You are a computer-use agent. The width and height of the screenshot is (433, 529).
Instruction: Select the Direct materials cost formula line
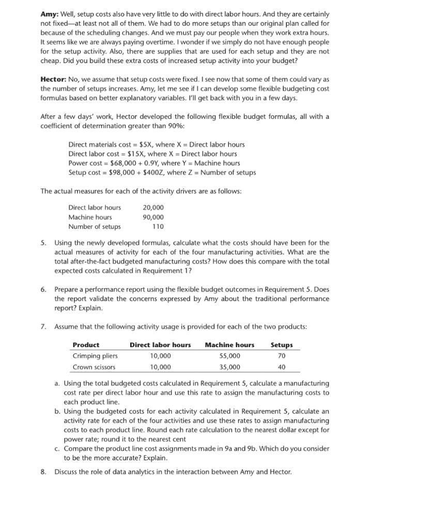point(156,144)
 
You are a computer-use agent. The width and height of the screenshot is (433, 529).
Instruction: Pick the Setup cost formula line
point(162,172)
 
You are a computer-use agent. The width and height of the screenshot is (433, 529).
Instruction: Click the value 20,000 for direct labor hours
point(153,207)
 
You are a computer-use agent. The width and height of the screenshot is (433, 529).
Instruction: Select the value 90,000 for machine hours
point(153,217)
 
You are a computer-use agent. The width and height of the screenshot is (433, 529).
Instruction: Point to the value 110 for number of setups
point(158,226)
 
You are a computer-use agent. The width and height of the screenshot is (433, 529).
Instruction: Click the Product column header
point(86,345)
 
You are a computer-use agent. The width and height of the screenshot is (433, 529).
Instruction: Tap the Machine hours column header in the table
point(229,345)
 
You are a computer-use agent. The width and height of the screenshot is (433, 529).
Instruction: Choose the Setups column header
point(282,345)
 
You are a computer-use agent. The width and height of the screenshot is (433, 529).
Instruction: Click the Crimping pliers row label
point(95,355)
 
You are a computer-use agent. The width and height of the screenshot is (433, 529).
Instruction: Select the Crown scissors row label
point(94,367)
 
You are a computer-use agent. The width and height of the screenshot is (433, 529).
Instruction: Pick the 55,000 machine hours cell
point(229,355)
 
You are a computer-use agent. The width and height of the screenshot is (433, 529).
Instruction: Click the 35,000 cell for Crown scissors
point(229,367)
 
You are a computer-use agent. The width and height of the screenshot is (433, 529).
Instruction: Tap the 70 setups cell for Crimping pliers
point(282,355)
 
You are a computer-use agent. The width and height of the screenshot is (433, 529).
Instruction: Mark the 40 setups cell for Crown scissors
point(282,367)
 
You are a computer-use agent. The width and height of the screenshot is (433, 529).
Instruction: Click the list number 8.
point(43,471)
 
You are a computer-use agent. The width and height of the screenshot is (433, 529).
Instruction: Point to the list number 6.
point(43,289)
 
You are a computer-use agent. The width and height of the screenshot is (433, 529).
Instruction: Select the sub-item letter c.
point(57,448)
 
